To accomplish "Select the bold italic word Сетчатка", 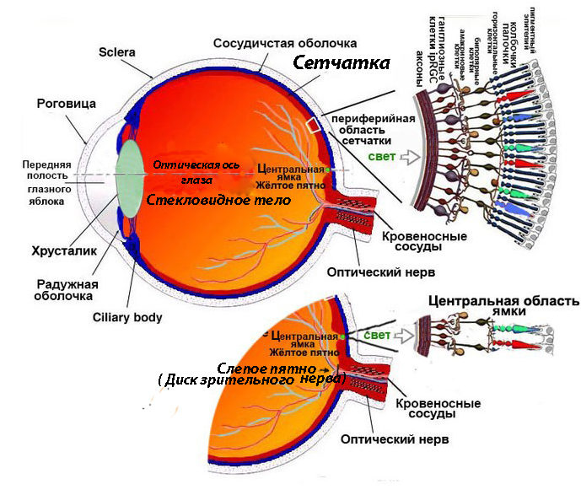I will [342, 63].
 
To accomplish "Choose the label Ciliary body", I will [127, 318].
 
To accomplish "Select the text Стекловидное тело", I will [218, 201].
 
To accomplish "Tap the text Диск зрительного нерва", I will [251, 381].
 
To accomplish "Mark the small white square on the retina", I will [313, 126].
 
